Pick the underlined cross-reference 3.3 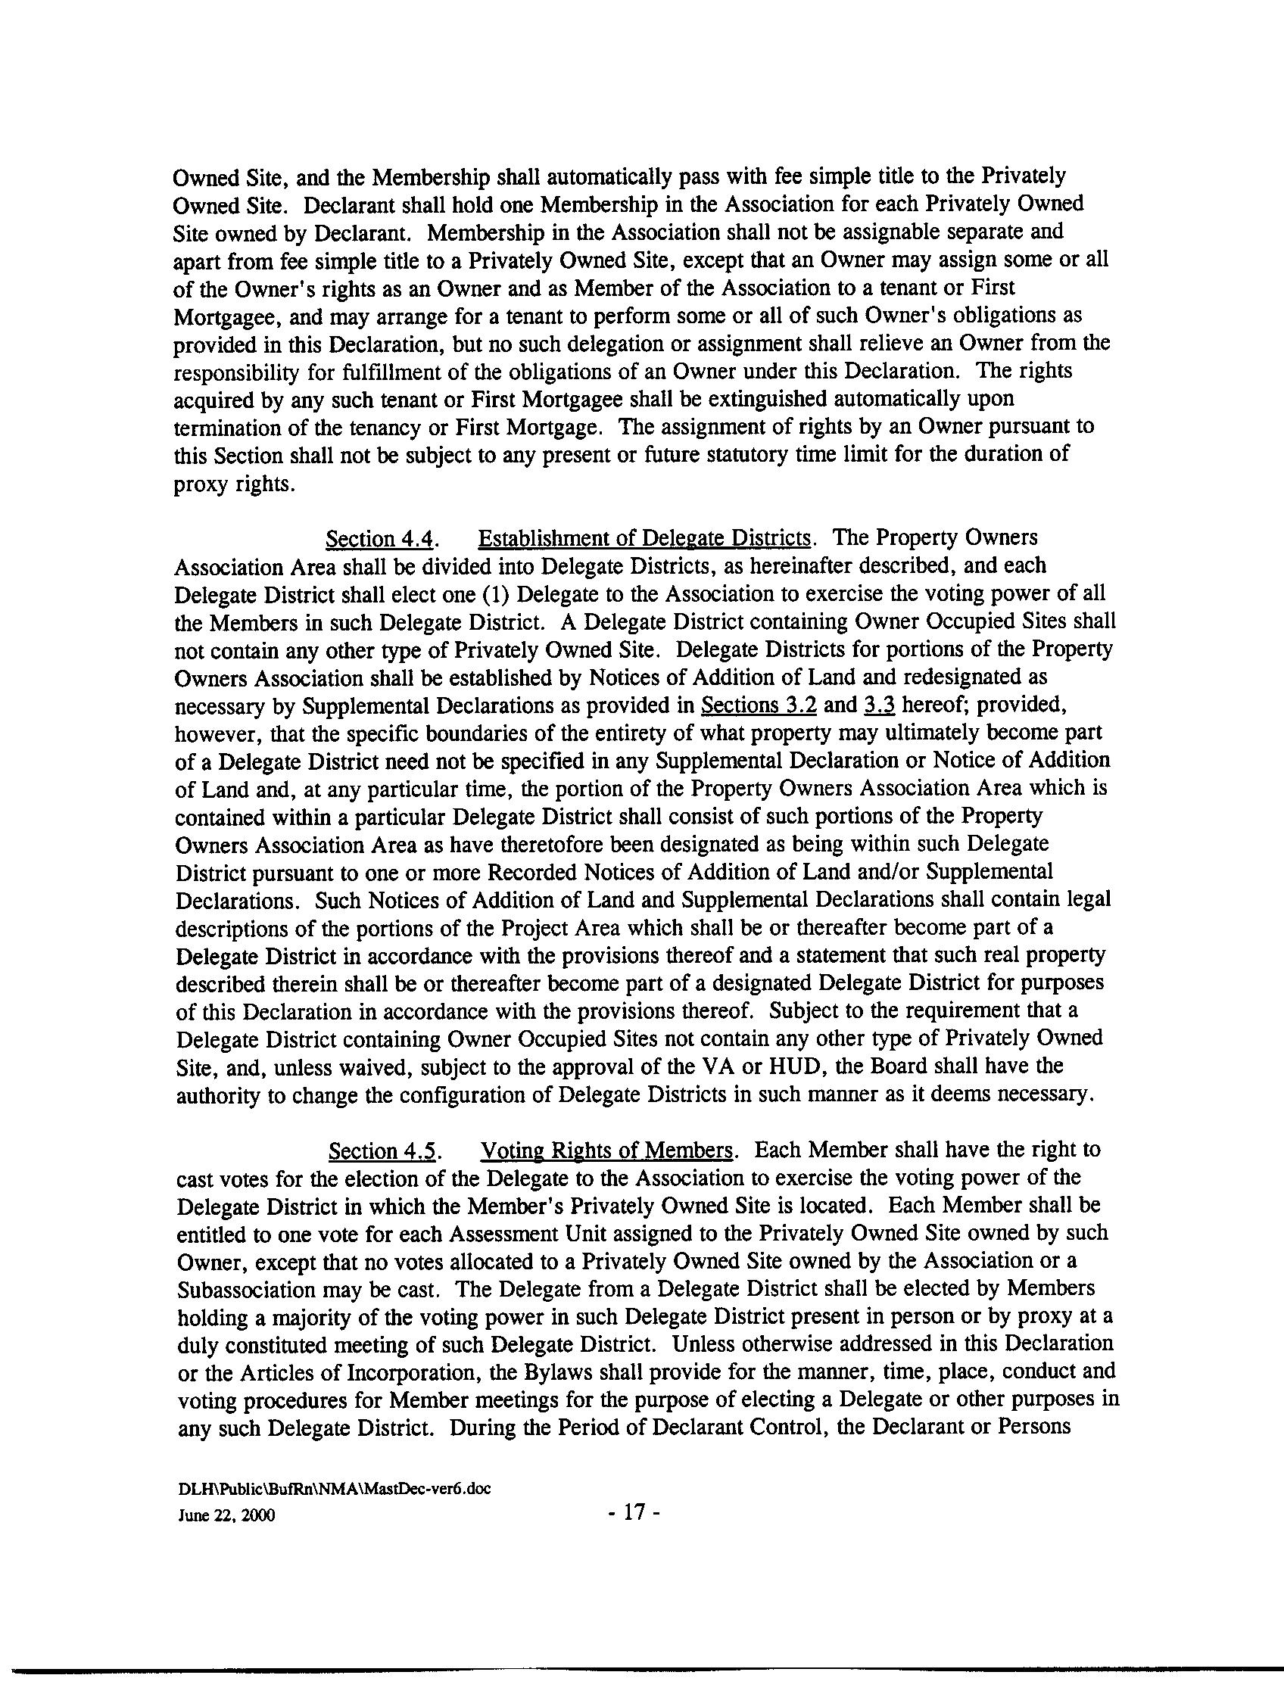880,705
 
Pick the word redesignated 943,677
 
